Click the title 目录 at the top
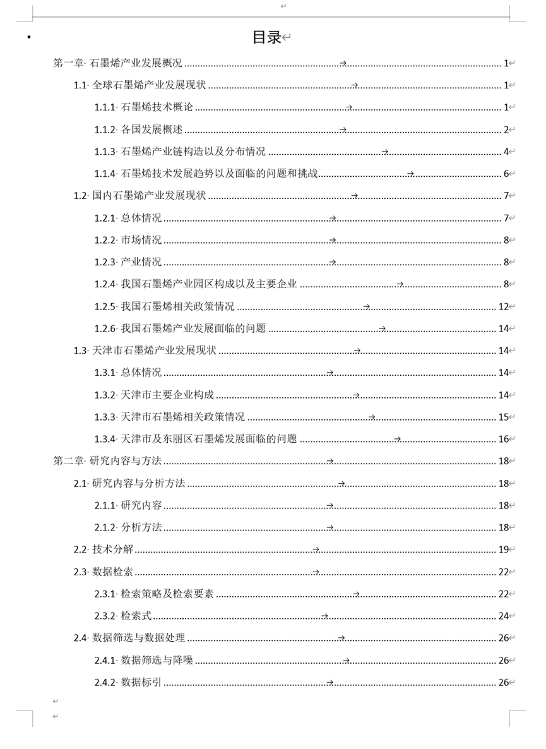(x=267, y=37)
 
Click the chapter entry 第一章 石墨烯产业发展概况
(x=117, y=63)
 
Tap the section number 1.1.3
(x=105, y=152)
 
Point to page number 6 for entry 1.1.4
(x=506, y=174)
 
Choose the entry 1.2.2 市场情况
(x=128, y=240)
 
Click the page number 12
(x=503, y=307)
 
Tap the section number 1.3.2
(x=105, y=395)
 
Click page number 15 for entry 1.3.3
(x=503, y=417)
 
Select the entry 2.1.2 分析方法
(x=128, y=527)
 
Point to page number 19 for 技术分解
(x=503, y=549)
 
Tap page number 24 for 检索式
(x=503, y=616)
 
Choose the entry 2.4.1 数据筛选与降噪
(x=144, y=661)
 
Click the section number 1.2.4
(x=105, y=284)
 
